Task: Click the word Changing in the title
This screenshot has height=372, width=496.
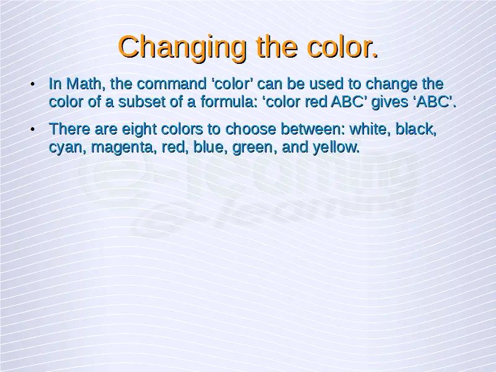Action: click(182, 48)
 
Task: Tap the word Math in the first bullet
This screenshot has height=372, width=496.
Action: click(86, 84)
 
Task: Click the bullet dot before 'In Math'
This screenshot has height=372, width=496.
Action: click(32, 84)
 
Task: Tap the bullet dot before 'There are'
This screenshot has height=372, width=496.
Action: click(32, 130)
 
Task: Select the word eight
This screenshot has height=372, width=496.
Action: click(139, 130)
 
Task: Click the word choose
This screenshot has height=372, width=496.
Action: click(250, 129)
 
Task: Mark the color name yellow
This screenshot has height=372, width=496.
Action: click(336, 147)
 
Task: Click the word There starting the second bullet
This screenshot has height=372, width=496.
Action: click(69, 129)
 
